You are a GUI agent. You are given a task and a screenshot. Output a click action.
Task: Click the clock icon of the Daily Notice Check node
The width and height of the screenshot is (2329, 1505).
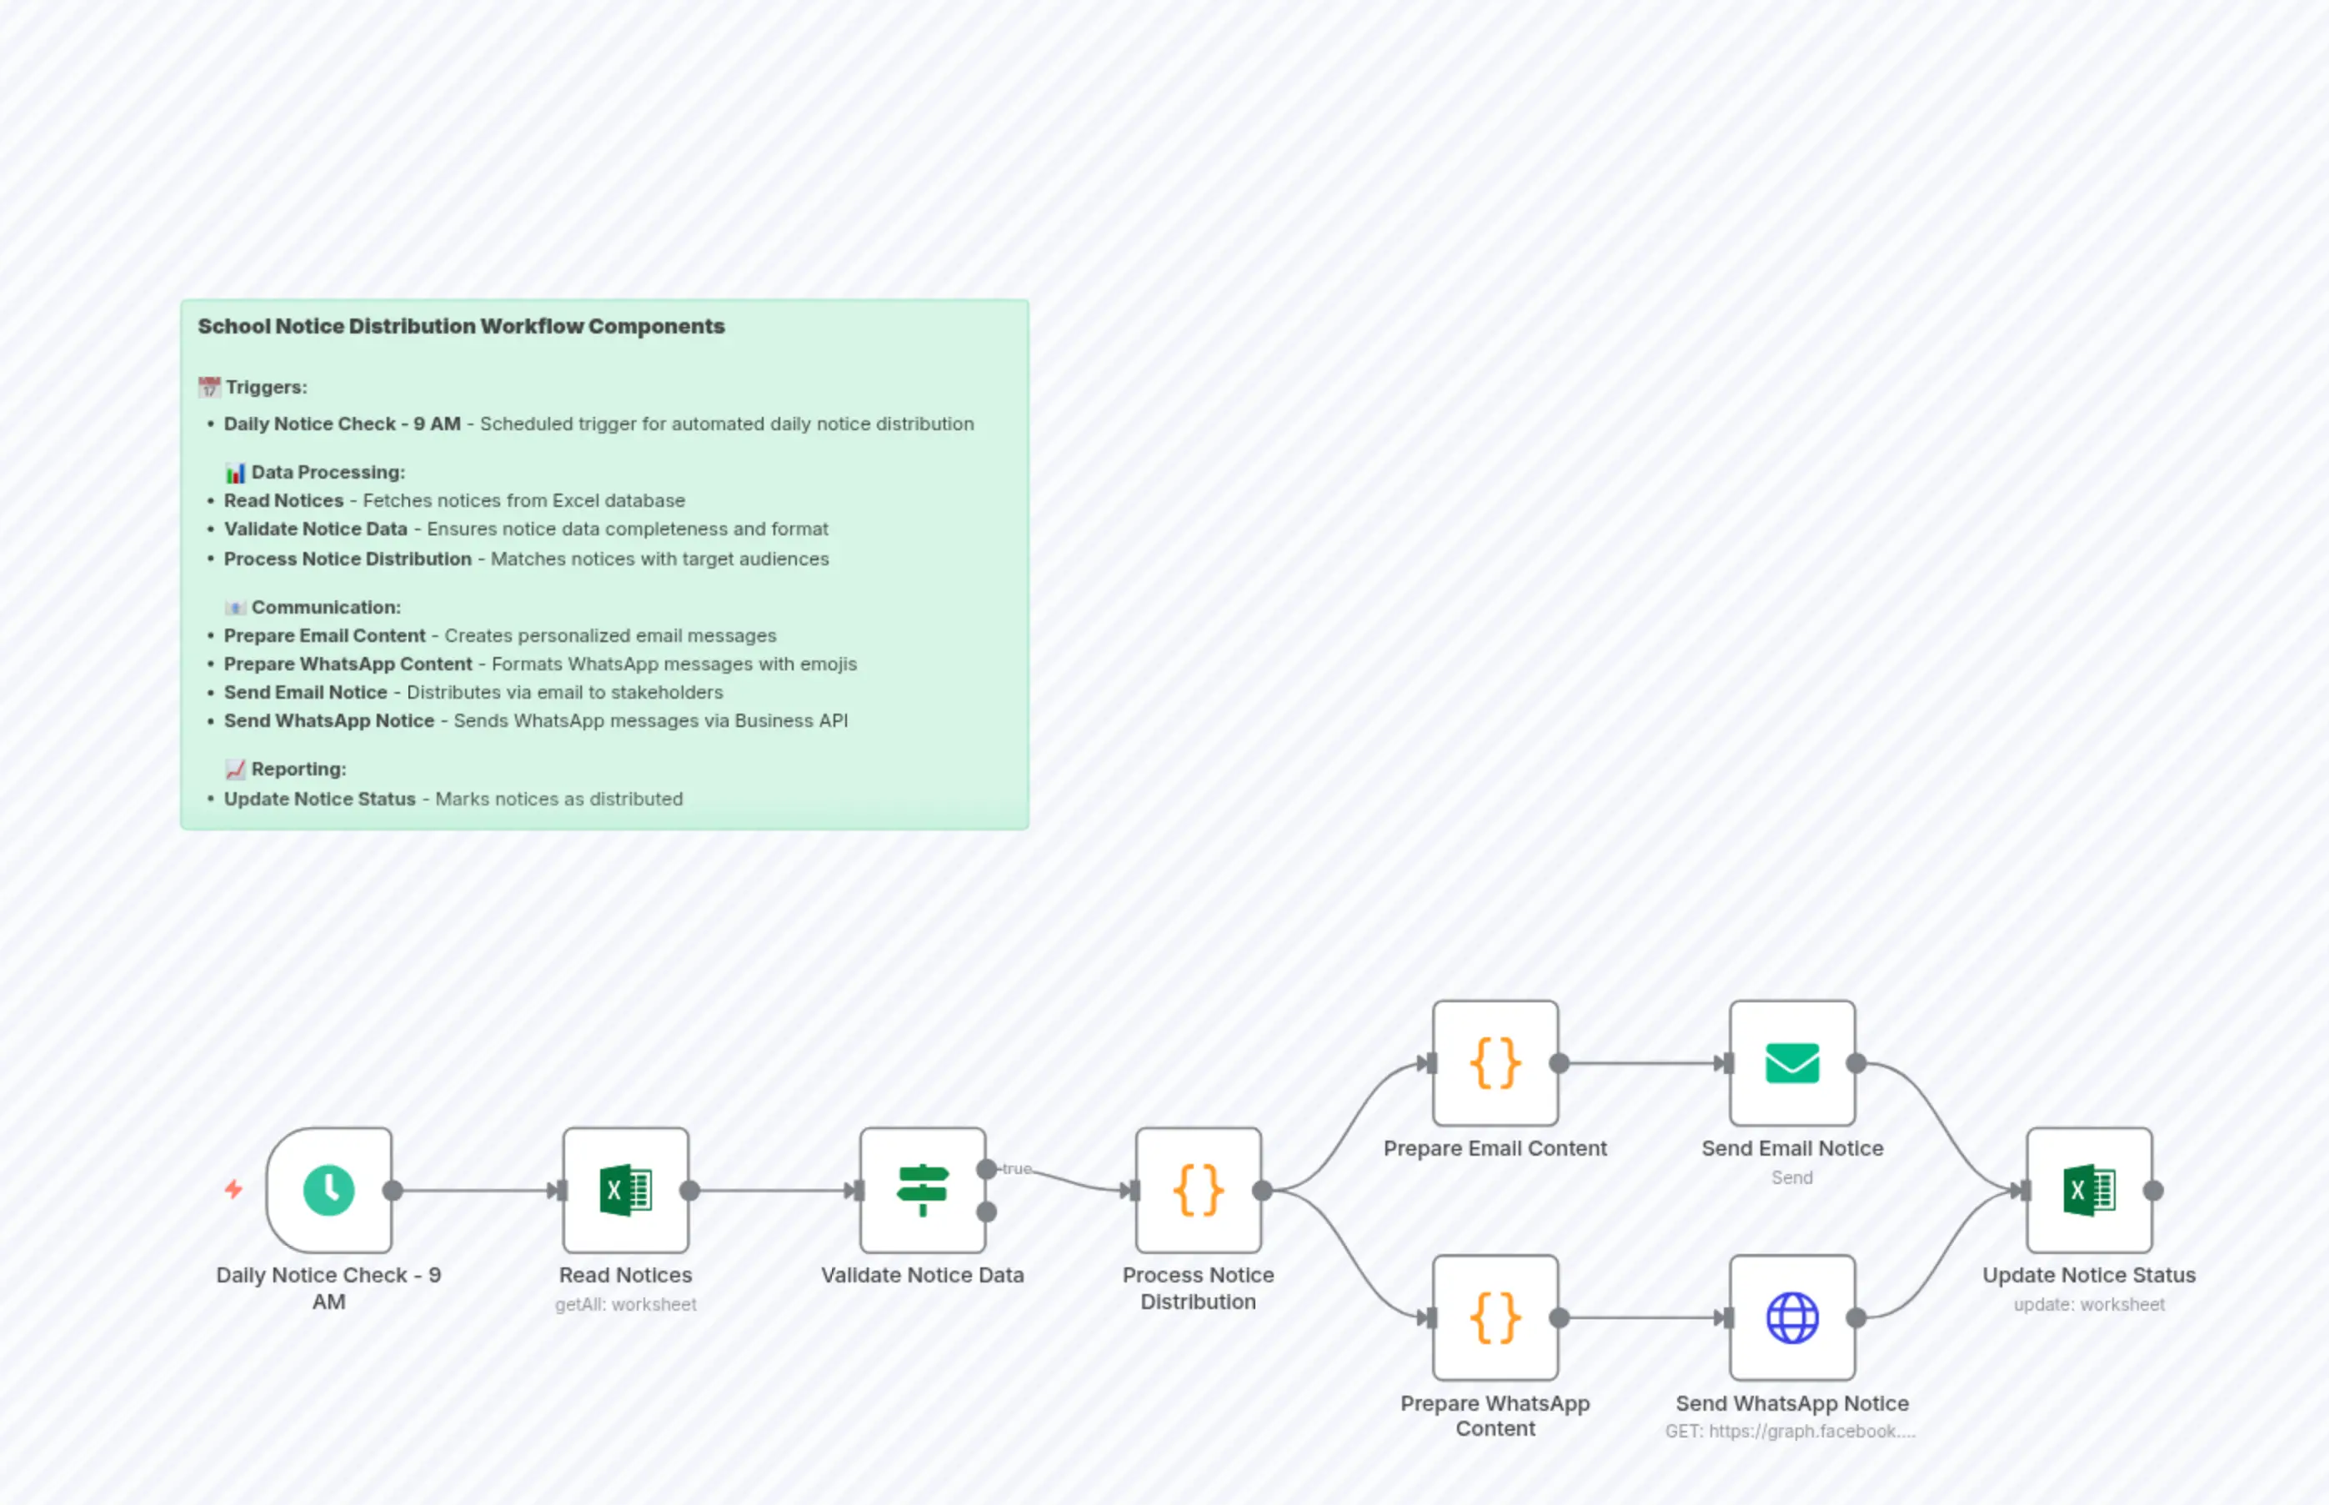coord(329,1191)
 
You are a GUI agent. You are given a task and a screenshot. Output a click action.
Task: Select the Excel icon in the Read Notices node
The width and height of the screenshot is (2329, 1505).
coord(625,1191)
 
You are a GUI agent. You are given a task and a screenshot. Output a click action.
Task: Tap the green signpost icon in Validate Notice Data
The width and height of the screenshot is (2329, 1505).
coord(922,1191)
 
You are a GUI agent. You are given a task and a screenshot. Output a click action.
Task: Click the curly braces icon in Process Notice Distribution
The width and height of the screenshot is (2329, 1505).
coord(1198,1191)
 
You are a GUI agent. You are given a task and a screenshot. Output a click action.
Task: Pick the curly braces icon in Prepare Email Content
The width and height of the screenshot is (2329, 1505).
coord(1495,1063)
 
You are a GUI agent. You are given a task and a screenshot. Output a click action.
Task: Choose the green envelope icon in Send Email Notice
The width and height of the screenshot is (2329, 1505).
coord(1791,1063)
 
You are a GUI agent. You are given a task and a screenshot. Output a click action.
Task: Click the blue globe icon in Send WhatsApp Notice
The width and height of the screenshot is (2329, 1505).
coord(1791,1317)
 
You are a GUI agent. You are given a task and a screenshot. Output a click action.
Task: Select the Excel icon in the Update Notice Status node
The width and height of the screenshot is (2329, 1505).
coord(2089,1191)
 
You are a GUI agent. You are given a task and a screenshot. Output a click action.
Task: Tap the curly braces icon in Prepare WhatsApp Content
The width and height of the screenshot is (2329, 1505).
coord(1495,1317)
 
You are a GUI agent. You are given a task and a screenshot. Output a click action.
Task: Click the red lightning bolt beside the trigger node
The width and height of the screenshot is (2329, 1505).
coord(233,1189)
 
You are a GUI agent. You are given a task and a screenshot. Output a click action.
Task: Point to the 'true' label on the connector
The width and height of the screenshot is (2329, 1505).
coord(1016,1168)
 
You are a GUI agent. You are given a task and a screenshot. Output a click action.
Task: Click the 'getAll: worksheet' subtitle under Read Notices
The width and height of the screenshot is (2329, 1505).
coord(625,1304)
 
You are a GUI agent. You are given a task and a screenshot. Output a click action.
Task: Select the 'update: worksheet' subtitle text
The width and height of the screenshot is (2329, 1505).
coord(2089,1304)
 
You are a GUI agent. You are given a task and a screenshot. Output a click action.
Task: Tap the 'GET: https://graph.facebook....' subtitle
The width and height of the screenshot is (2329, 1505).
coord(1790,1431)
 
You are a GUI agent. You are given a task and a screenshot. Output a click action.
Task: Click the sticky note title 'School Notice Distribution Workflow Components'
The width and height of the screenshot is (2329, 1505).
coord(461,326)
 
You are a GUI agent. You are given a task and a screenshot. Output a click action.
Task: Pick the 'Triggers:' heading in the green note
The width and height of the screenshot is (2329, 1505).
coord(266,387)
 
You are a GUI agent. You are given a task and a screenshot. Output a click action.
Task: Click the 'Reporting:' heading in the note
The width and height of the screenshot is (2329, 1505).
coord(298,769)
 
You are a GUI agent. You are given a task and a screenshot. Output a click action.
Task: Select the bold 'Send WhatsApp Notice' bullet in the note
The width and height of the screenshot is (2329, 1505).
coord(328,720)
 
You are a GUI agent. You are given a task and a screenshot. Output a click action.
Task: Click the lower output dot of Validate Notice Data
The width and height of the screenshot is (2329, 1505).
coord(987,1212)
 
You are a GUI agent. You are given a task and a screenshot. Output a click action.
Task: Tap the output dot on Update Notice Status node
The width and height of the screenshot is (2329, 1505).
coord(2153,1191)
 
